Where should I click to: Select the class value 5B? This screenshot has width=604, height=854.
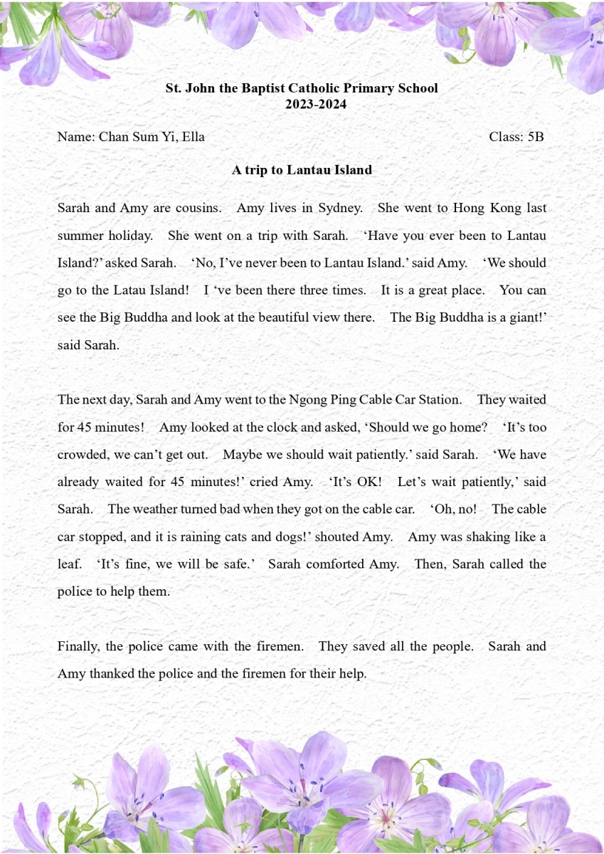pos(535,137)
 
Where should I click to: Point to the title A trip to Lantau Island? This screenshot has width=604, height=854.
pos(302,170)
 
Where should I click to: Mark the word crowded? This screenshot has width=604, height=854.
pos(81,454)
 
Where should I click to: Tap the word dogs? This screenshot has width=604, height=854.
pos(270,537)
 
